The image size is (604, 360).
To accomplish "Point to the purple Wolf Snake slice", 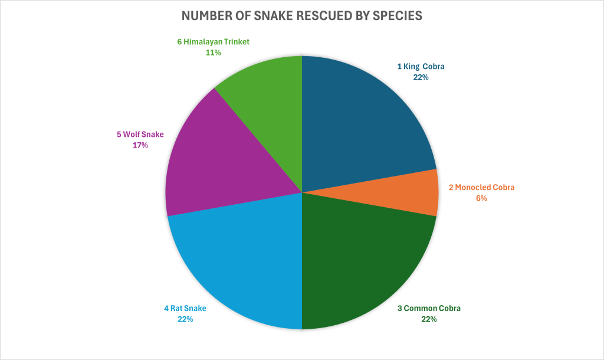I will pyautogui.click(x=212, y=159).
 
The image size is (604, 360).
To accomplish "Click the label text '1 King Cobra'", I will pyautogui.click(x=421, y=67).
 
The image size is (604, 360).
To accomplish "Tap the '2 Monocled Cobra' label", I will pyautogui.click(x=481, y=188).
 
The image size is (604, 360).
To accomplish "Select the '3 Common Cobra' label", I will pyautogui.click(x=429, y=308).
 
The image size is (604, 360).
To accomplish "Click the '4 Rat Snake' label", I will pyautogui.click(x=185, y=308).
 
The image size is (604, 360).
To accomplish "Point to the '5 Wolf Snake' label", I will pyautogui.click(x=140, y=135).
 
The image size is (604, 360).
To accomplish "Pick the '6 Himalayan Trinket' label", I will pyautogui.click(x=213, y=42).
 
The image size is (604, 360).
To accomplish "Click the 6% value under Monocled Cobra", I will pyautogui.click(x=481, y=198).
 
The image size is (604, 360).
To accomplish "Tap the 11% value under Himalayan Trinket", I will pyautogui.click(x=213, y=53).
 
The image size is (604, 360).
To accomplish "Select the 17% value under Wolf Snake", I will pyautogui.click(x=140, y=145).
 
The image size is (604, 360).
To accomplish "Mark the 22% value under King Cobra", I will pyautogui.click(x=421, y=77).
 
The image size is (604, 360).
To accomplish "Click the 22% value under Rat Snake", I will pyautogui.click(x=185, y=319).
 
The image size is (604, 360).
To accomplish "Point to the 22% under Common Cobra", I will pyautogui.click(x=429, y=319).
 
